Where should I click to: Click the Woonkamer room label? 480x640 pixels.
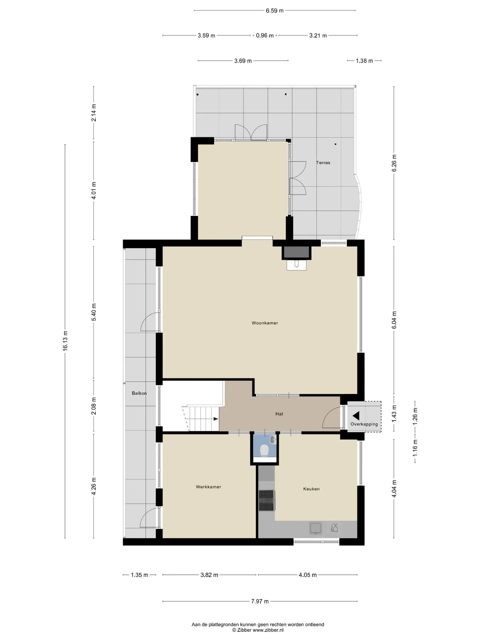265,323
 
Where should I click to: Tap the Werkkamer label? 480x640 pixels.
208,487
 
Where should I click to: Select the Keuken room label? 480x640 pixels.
311,489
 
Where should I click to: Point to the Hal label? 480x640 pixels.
279,414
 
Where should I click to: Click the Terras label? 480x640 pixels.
323,163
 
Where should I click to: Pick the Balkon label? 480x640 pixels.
139,393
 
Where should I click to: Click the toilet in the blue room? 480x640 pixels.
264,450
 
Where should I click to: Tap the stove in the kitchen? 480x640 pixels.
266,500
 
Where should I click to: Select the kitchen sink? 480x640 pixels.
315,528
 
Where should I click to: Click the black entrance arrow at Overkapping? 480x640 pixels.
356,416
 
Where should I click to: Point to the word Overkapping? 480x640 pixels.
364,424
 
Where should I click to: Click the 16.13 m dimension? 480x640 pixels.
65,340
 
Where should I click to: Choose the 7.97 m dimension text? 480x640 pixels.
260,601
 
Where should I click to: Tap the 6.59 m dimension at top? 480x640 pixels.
275,11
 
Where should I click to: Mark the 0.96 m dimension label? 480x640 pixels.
265,35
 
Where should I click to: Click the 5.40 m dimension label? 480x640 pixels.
94,312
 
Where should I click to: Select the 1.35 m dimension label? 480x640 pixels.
139,575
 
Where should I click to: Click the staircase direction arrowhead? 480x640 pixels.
216,419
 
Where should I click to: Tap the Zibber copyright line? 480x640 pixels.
258,630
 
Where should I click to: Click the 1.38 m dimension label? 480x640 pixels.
364,61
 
